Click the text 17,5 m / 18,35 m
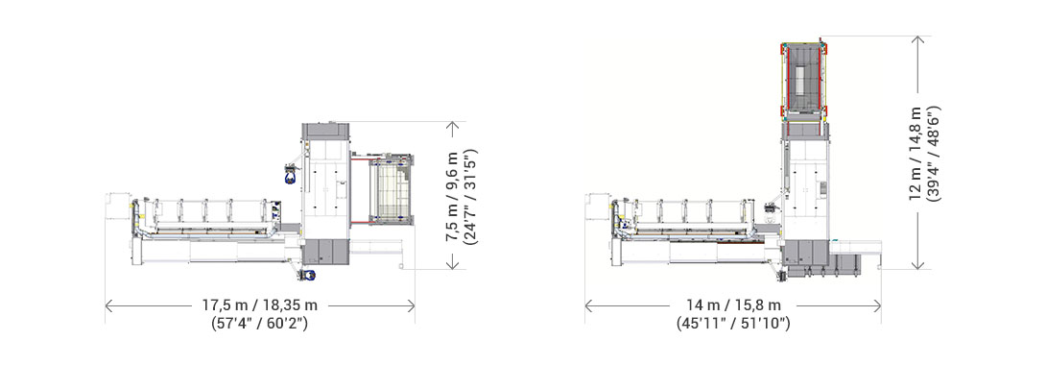[x=259, y=305]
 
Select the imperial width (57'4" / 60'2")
[x=259, y=324]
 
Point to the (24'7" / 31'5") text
[x=471, y=197]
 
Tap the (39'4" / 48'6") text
[x=936, y=153]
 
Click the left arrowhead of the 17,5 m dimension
[x=107, y=305]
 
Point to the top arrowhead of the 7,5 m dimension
[x=450, y=125]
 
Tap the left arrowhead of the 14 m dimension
[x=587, y=305]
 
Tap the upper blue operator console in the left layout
[x=288, y=175]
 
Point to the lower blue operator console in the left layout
[x=307, y=276]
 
